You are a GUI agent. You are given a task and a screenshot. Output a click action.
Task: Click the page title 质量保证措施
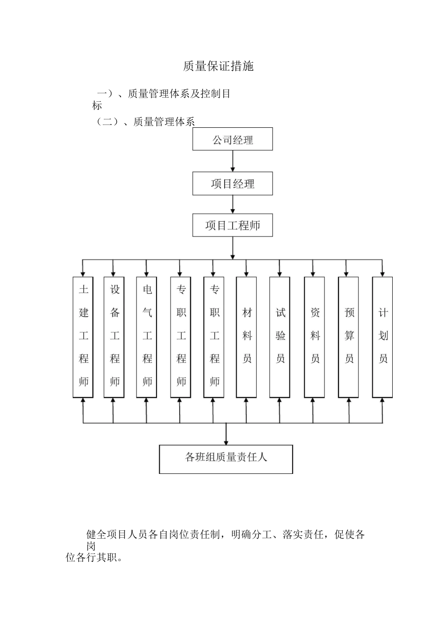click(x=218, y=66)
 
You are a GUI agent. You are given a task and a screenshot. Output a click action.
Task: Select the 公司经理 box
click(x=233, y=139)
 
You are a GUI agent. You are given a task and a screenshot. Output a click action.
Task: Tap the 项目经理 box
click(x=233, y=184)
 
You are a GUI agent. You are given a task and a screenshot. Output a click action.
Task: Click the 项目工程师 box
click(x=233, y=225)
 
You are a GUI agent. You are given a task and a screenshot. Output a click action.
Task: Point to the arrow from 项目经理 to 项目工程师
click(x=233, y=204)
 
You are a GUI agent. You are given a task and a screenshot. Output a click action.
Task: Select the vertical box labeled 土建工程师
click(x=83, y=336)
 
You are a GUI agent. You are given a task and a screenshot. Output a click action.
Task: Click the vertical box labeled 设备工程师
click(x=114, y=336)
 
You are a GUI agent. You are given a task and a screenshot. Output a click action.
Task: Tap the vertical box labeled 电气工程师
click(x=146, y=336)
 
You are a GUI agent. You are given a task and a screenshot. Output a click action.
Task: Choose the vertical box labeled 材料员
click(x=246, y=336)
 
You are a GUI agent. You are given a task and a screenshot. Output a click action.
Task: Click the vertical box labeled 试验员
click(x=280, y=336)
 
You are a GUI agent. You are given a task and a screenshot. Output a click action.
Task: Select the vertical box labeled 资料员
click(x=314, y=336)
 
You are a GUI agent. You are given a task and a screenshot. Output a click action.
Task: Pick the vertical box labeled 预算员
click(x=348, y=336)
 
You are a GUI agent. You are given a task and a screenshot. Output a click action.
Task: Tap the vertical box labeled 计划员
click(x=383, y=336)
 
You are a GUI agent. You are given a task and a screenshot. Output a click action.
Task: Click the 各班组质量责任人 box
click(x=226, y=459)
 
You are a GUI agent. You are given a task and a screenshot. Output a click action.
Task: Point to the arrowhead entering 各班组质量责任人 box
click(x=226, y=442)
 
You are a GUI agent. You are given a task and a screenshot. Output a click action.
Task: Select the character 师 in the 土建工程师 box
click(x=83, y=382)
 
